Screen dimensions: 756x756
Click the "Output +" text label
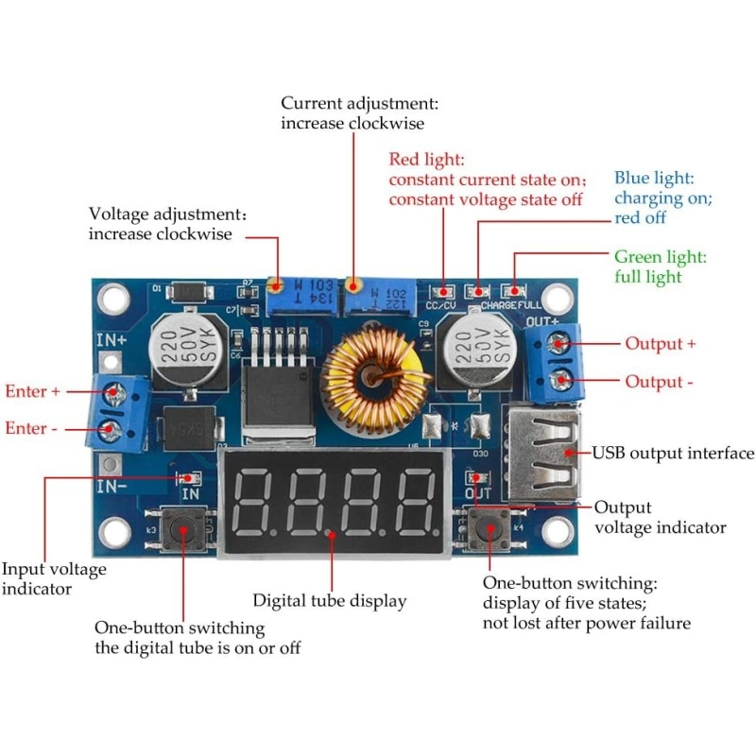pos(661,343)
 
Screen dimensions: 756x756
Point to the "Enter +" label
pos(32,390)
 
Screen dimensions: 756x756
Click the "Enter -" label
pos(31,428)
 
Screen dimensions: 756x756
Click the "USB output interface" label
pos(673,454)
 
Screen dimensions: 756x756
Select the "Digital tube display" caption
pos(329,600)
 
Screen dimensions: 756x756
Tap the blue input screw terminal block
pos(112,410)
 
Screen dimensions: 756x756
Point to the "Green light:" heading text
pos(661,257)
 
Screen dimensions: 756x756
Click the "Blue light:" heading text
pos(654,178)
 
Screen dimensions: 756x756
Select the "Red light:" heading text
pos(426,159)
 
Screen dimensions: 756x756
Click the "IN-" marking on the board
pos(112,486)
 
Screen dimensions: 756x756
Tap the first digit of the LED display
pos(252,501)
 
